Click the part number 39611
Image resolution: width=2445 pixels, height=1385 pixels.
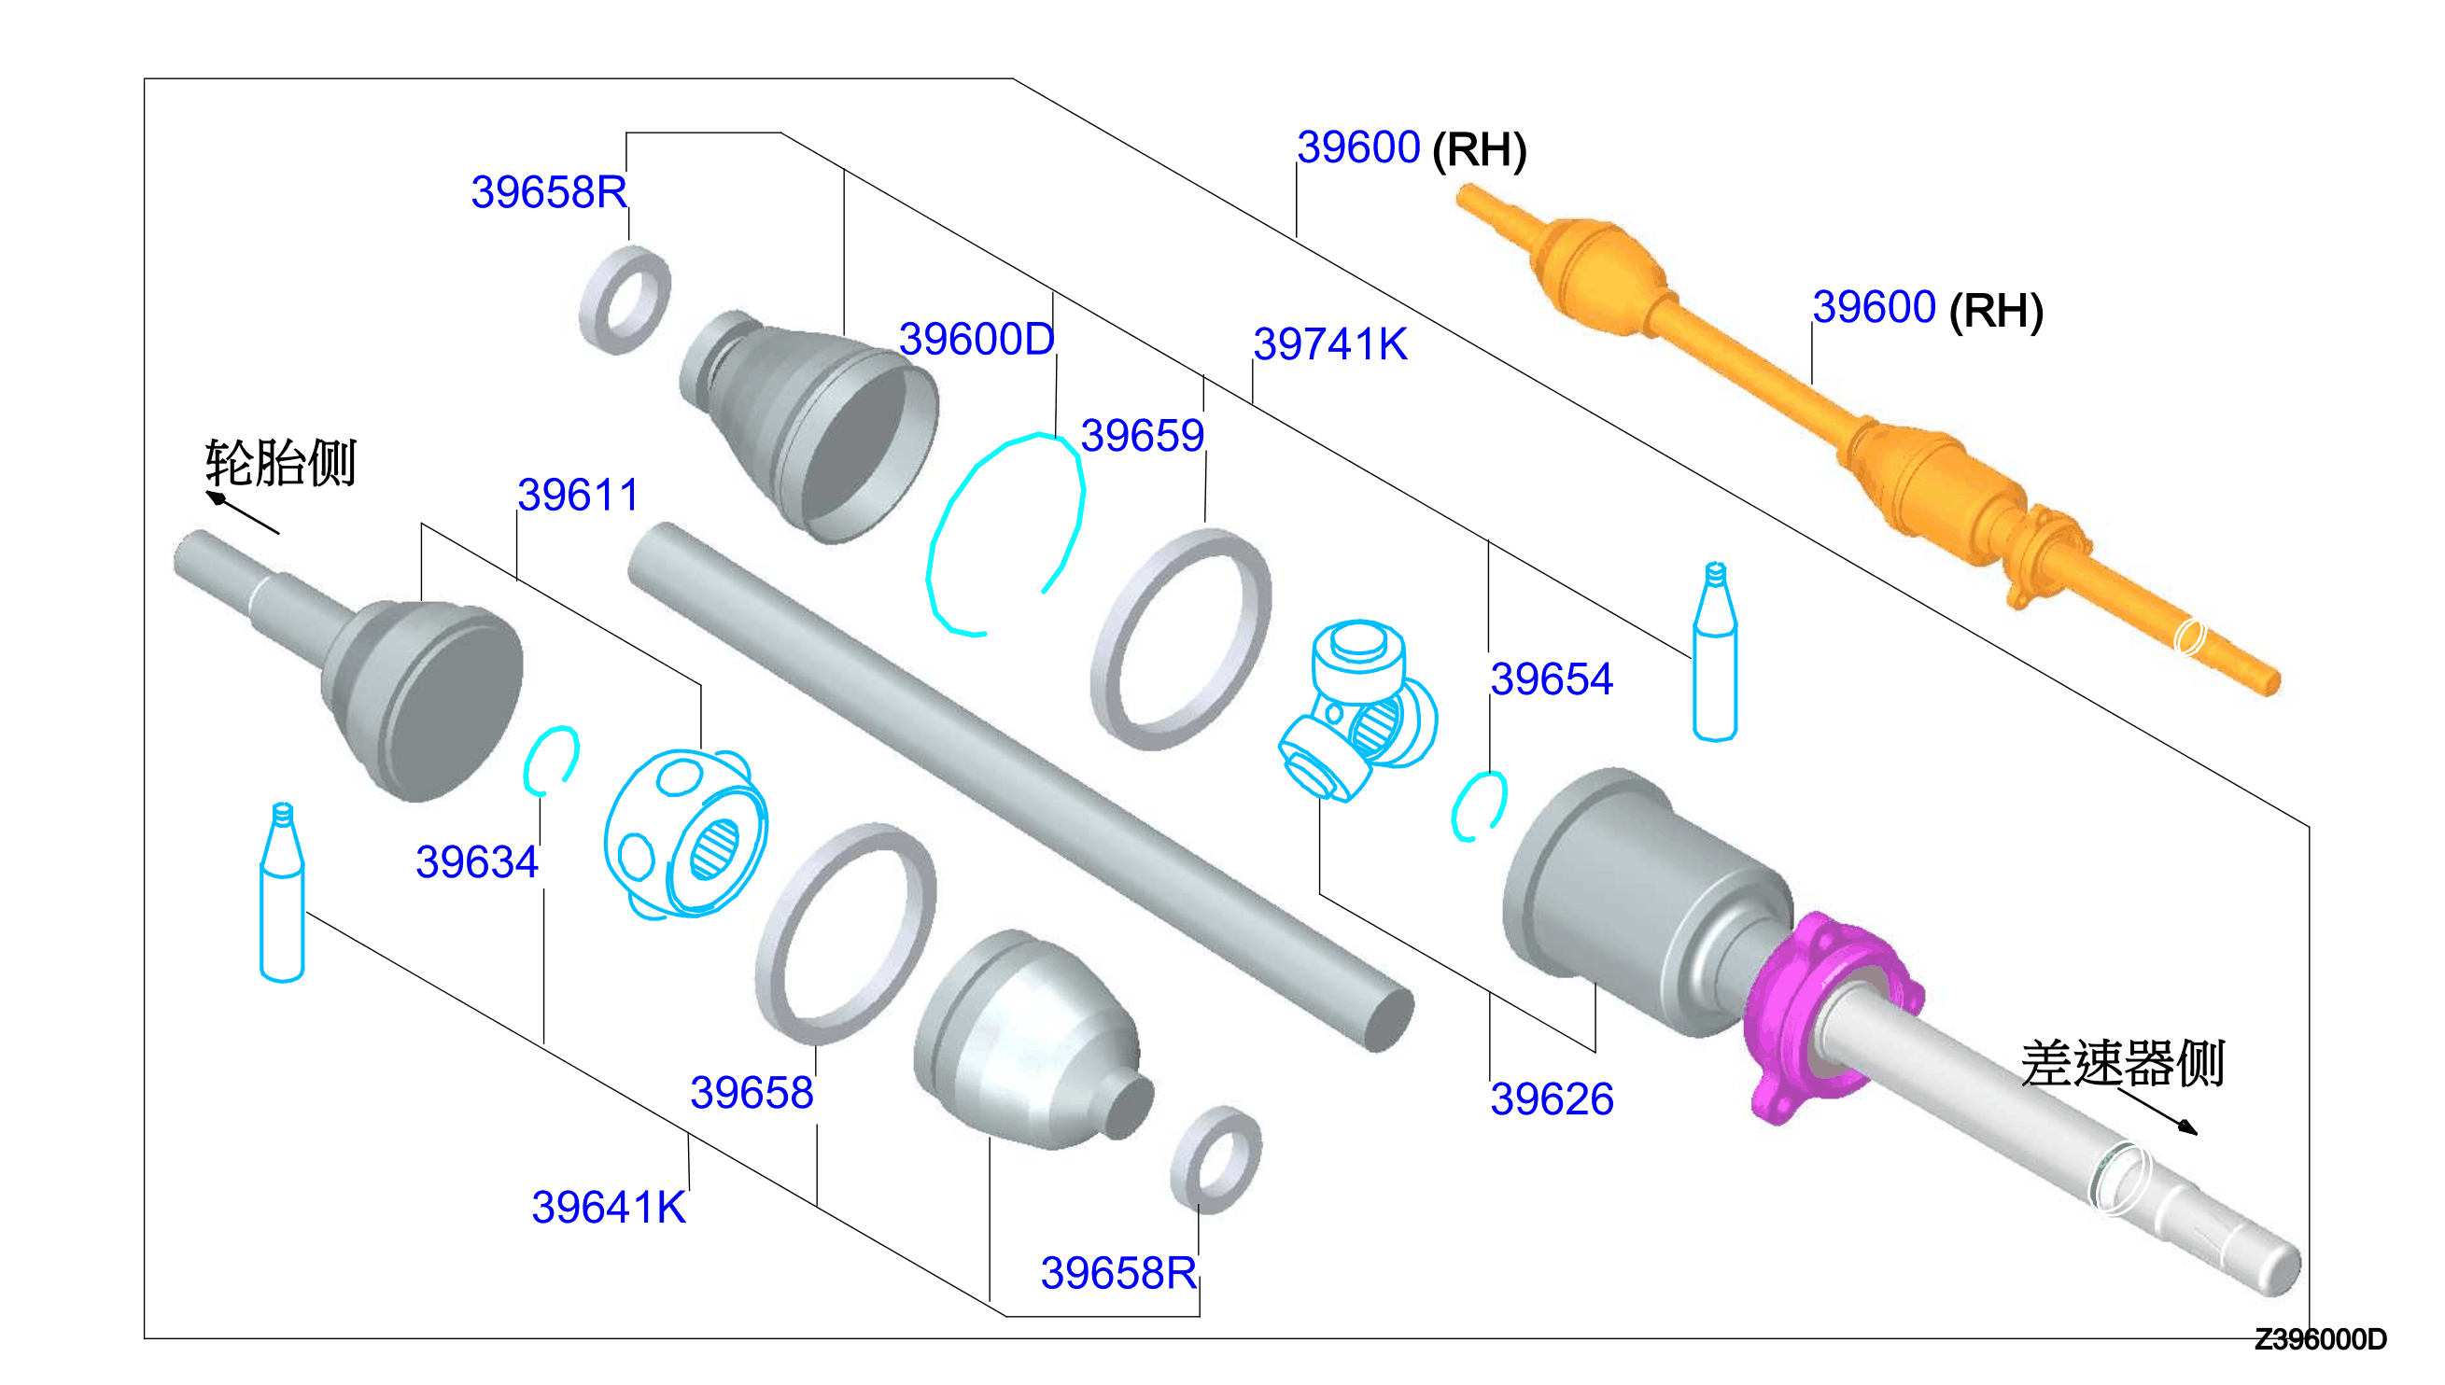[x=578, y=495]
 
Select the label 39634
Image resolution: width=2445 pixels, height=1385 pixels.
[x=477, y=861]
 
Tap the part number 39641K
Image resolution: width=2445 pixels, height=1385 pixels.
[x=608, y=1207]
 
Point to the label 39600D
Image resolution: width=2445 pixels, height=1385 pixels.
[x=977, y=339]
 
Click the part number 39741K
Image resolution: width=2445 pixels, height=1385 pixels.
[x=1330, y=343]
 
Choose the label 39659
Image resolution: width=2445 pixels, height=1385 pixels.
[x=1143, y=436]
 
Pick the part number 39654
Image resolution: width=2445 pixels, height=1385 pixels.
[x=1552, y=679]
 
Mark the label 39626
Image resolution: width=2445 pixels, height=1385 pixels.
[x=1552, y=1098]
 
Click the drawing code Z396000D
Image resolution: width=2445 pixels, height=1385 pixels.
[x=2321, y=1339]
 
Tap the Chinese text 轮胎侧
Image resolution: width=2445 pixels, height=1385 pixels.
[x=281, y=463]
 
